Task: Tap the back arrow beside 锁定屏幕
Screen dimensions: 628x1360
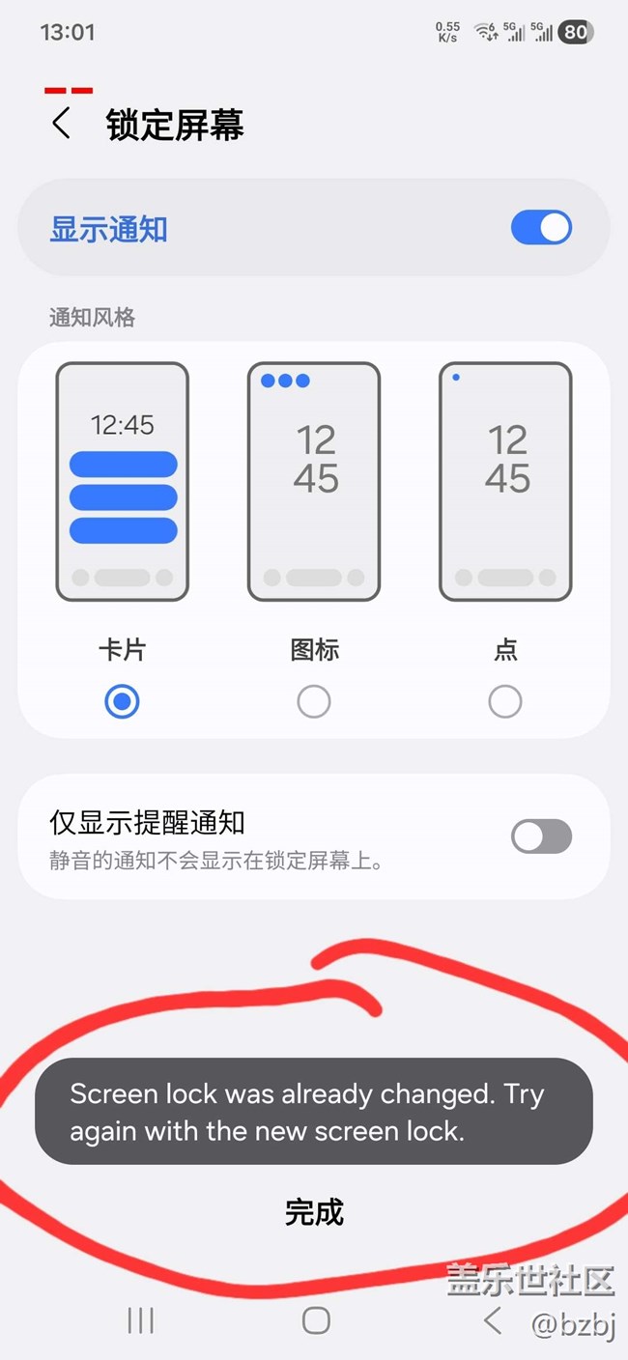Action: pyautogui.click(x=61, y=124)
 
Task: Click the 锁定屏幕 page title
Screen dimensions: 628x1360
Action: pyautogui.click(x=175, y=126)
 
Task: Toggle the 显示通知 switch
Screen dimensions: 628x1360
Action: pyautogui.click(x=541, y=228)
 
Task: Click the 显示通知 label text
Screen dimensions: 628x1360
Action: pyautogui.click(x=108, y=230)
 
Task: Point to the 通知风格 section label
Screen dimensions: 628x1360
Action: pyautogui.click(x=93, y=318)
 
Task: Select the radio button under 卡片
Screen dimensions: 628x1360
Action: pyautogui.click(x=122, y=701)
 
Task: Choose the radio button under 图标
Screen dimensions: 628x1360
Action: pyautogui.click(x=314, y=701)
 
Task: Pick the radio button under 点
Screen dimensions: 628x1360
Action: pyautogui.click(x=505, y=701)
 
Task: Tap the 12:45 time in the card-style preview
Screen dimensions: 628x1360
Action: pyautogui.click(x=122, y=425)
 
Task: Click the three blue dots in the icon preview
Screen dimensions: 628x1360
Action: pyautogui.click(x=285, y=381)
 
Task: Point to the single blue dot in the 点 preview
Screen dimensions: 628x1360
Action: pyautogui.click(x=456, y=377)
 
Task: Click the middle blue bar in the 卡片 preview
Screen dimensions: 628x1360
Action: pyautogui.click(x=124, y=497)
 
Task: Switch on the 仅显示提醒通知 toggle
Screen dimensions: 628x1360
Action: pyautogui.click(x=541, y=836)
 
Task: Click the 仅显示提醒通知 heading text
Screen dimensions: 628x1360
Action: pyautogui.click(x=147, y=823)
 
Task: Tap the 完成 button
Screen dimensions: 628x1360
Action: pyautogui.click(x=314, y=1212)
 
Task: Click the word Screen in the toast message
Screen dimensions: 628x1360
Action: pyautogui.click(x=113, y=1094)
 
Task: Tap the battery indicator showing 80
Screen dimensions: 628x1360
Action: pyautogui.click(x=575, y=32)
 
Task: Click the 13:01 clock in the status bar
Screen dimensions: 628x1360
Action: pyautogui.click(x=68, y=32)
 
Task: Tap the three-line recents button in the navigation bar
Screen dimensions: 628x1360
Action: pyautogui.click(x=141, y=1320)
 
